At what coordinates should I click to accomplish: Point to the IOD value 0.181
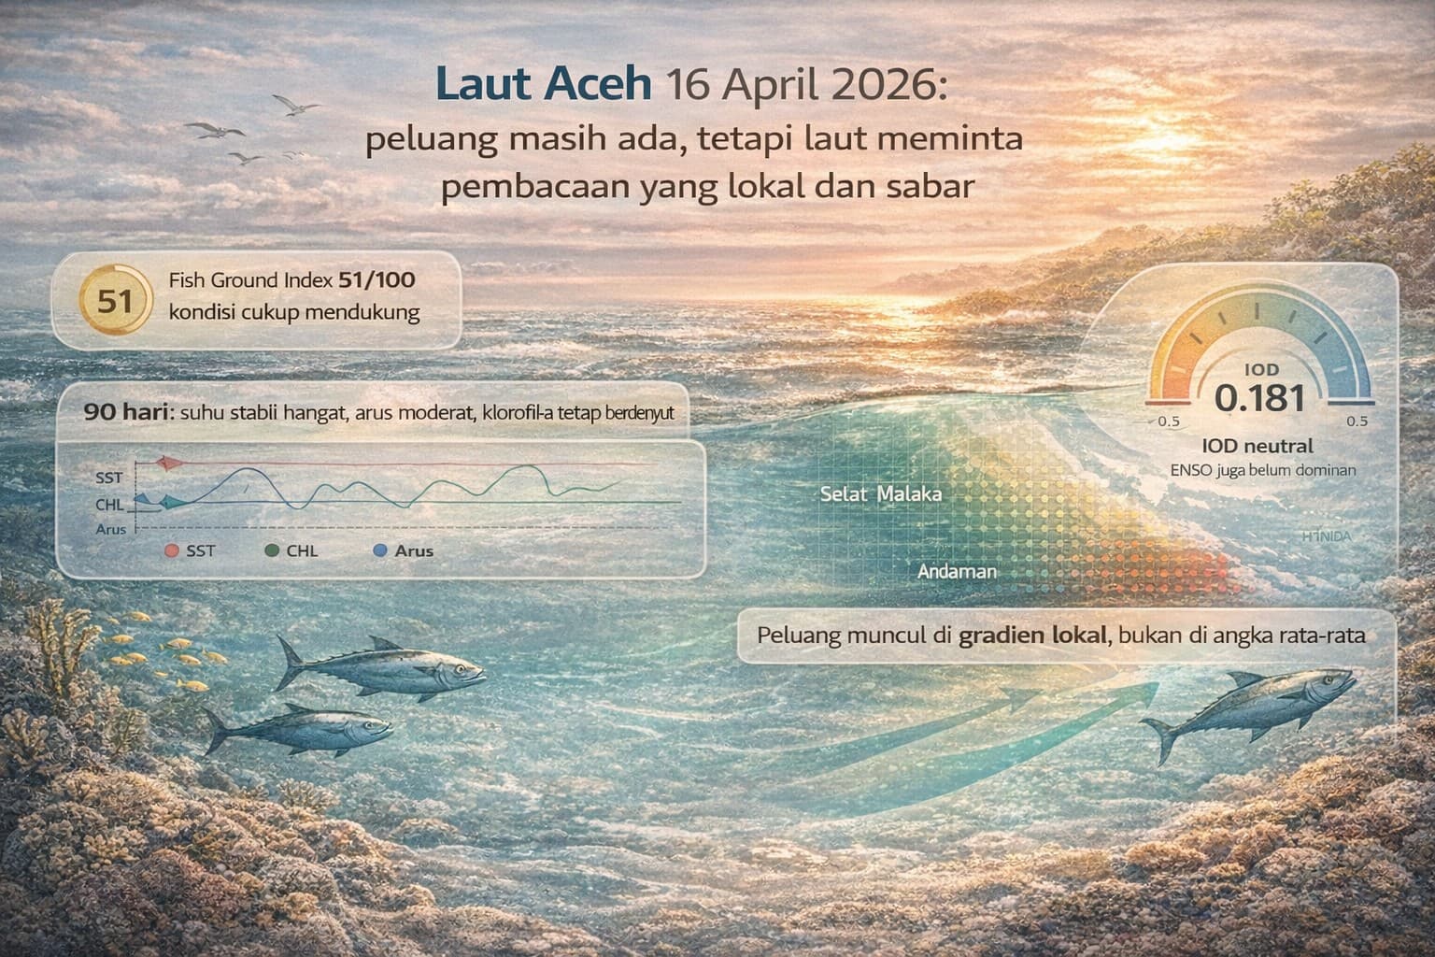(x=1260, y=398)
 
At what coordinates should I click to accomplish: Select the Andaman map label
(x=958, y=570)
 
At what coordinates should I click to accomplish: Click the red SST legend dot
(x=171, y=551)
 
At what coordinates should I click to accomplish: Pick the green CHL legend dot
(x=272, y=551)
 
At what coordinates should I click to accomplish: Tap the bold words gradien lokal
(x=1032, y=636)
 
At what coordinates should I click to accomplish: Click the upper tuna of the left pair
(x=383, y=667)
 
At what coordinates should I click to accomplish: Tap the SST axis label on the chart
(x=109, y=478)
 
